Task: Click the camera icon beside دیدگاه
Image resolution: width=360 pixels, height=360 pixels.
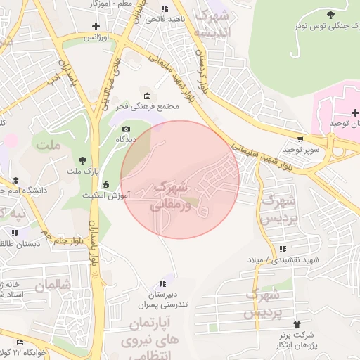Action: point(127,129)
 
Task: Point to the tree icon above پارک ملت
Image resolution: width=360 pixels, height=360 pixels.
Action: point(83,160)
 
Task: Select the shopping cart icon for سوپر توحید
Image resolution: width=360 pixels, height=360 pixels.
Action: point(301,139)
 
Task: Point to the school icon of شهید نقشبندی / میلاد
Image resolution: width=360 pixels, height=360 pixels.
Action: point(283,249)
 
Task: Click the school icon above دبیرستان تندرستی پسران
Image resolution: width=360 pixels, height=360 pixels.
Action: point(163,283)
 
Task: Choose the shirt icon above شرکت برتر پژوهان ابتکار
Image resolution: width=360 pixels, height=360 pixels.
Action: point(296,324)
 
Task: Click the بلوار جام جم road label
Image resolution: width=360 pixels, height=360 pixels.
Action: point(56,237)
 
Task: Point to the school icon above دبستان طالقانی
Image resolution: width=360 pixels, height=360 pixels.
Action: point(14,232)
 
